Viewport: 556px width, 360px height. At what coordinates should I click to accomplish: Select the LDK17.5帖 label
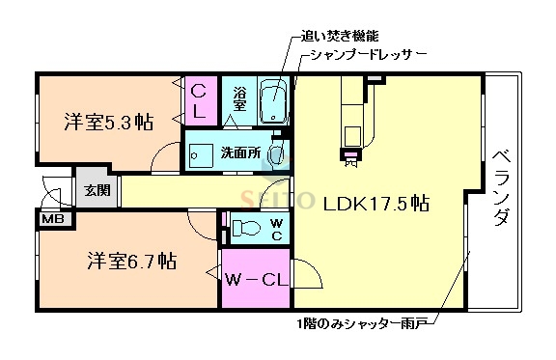point(376,204)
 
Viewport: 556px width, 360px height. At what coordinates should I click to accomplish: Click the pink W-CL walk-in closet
point(254,280)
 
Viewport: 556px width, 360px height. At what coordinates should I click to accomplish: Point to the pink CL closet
point(199,99)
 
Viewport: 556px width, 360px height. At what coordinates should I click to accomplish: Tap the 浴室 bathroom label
point(240,98)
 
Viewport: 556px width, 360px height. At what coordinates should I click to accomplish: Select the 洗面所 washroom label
point(237,152)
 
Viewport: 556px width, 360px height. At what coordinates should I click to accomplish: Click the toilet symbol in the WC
point(243,228)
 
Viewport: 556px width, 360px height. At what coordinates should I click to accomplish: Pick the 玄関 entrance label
point(96,190)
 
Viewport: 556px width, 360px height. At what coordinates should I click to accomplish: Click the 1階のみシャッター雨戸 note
point(364,321)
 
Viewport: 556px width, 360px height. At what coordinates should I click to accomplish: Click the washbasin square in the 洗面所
point(201,154)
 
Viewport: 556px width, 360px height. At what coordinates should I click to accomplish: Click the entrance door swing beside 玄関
point(56,191)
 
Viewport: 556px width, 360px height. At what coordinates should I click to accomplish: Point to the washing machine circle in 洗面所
point(278,153)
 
